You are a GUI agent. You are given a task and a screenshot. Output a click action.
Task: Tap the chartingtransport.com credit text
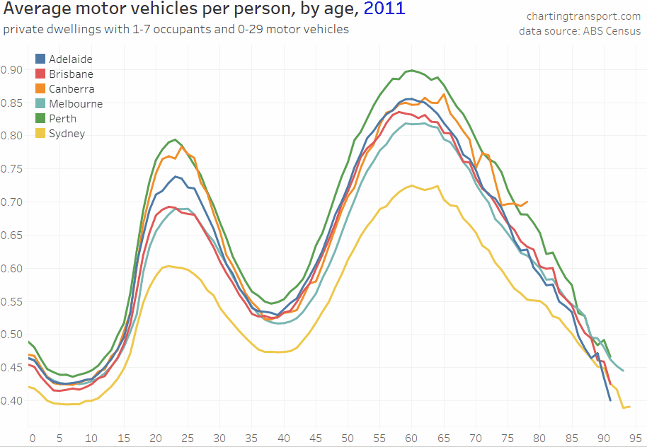click(x=583, y=16)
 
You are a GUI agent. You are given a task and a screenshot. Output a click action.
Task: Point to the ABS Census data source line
click(x=579, y=31)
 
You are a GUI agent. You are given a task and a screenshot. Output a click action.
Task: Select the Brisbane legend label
click(x=71, y=74)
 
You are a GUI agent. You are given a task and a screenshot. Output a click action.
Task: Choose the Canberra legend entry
click(x=71, y=89)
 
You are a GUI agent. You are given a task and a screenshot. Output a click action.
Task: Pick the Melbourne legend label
click(x=75, y=104)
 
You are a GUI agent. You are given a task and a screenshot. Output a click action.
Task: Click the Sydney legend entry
click(x=67, y=134)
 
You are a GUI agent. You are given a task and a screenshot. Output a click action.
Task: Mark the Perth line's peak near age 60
click(x=411, y=70)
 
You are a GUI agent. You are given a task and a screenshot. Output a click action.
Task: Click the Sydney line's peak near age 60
click(x=411, y=185)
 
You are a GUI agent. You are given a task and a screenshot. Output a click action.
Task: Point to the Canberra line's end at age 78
click(x=527, y=201)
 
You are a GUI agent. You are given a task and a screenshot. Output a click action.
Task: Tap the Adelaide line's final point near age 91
click(x=610, y=400)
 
